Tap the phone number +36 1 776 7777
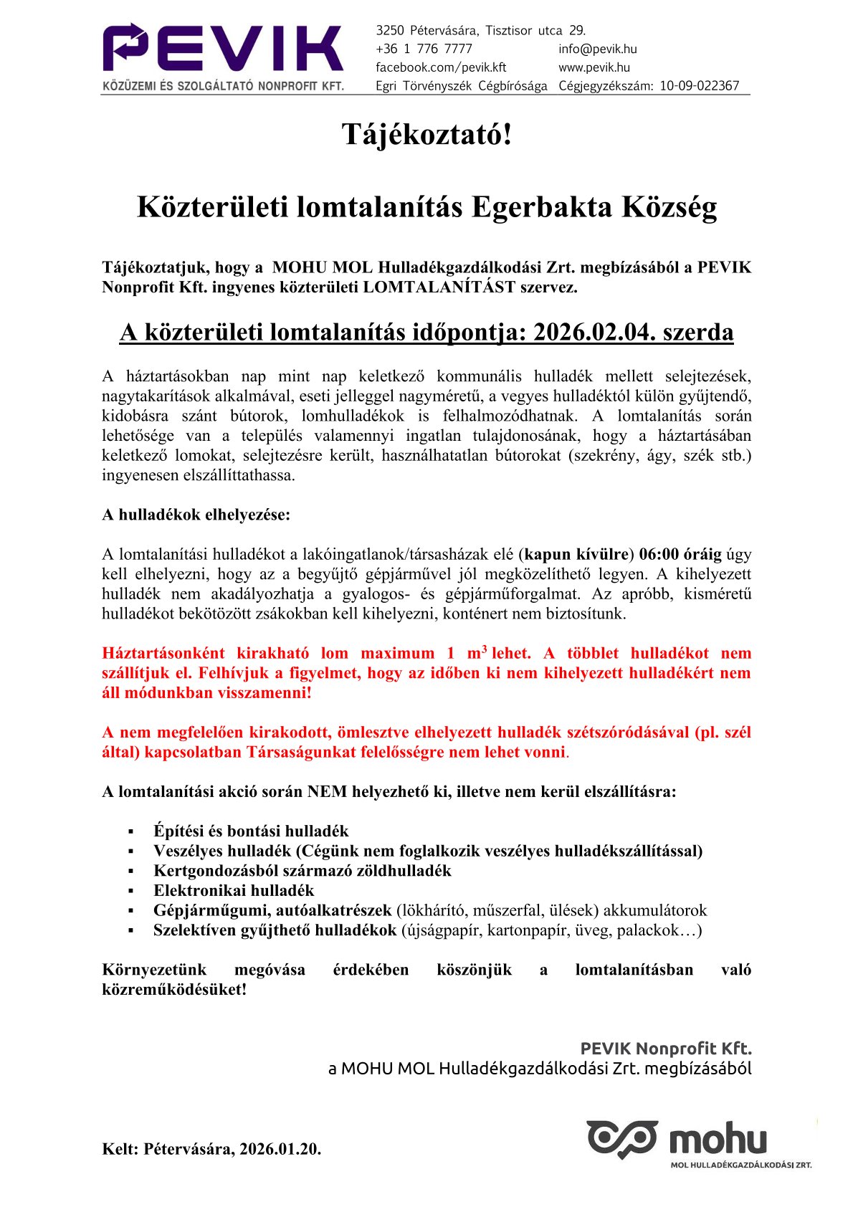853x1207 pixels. [x=424, y=49]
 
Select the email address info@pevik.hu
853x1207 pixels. [x=597, y=49]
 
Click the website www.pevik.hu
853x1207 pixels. [x=594, y=67]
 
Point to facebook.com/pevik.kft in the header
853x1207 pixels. [x=441, y=67]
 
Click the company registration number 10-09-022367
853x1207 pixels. [x=699, y=86]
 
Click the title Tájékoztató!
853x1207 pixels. [x=426, y=134]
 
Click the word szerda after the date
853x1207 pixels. [x=698, y=333]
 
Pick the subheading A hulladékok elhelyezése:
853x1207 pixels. [x=196, y=515]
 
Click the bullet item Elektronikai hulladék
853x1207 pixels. [x=234, y=890]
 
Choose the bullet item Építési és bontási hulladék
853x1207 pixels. [x=251, y=831]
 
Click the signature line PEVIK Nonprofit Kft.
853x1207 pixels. [x=665, y=1049]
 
